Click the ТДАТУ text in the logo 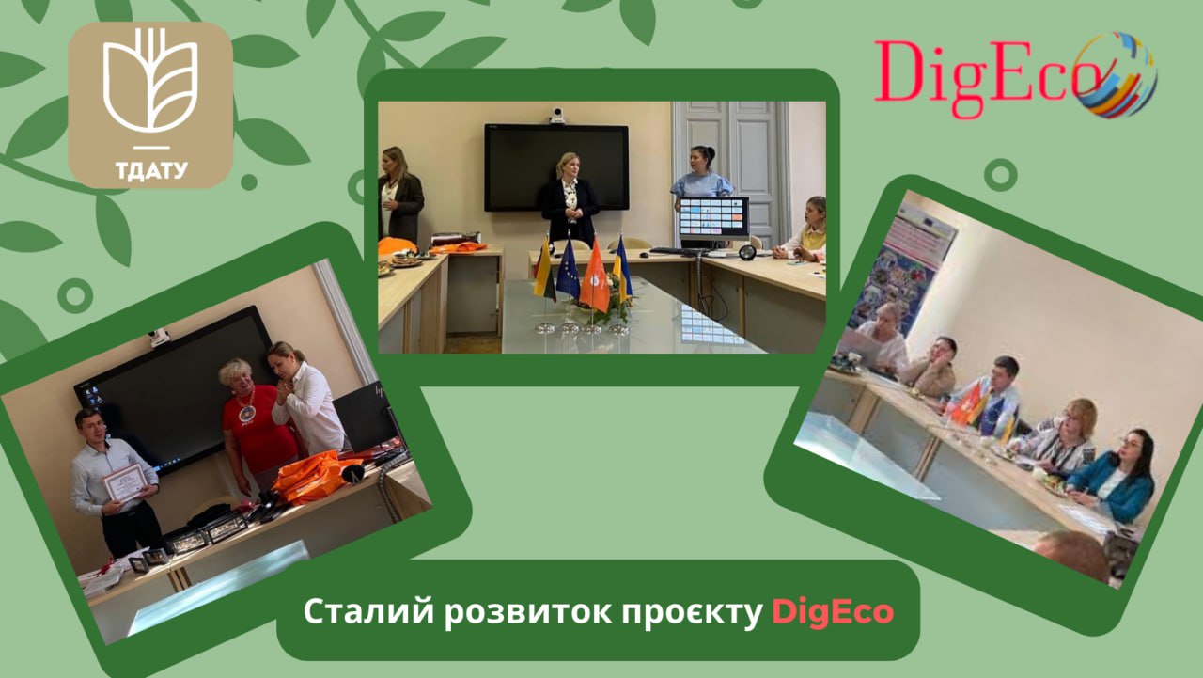point(151,171)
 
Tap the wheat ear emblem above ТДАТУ point(151,81)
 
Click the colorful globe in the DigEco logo point(1116,74)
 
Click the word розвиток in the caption point(527,612)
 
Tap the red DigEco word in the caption point(833,612)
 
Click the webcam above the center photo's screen point(557,115)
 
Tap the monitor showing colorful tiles point(713,217)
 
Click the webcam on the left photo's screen point(159,338)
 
